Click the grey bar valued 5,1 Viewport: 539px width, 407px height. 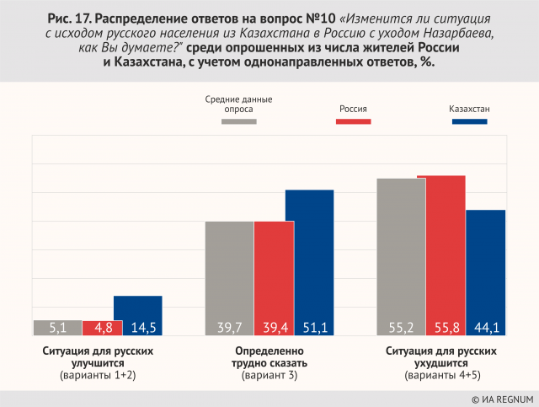(57, 327)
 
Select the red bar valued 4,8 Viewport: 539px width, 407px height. (101, 327)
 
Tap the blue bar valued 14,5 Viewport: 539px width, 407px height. (138, 315)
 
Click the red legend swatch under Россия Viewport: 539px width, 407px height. (354, 122)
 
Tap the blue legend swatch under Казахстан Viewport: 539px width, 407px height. (470, 122)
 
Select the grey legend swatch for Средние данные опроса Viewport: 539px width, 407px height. (239, 122)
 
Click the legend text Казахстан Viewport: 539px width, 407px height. (470, 109)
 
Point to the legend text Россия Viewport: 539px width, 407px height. (354, 109)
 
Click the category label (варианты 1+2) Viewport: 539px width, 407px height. (98, 375)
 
